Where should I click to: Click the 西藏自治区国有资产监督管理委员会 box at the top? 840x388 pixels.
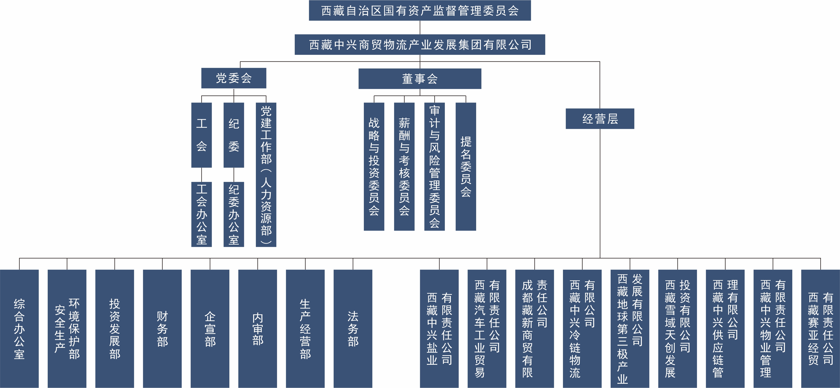[420, 10]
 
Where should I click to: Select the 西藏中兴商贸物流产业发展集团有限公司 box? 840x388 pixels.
[420, 44]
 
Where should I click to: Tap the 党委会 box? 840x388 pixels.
[233, 78]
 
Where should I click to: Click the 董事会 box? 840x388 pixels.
[420, 79]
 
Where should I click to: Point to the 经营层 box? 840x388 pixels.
[600, 119]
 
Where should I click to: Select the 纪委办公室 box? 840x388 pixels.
[233, 214]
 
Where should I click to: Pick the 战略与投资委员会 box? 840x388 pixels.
[374, 166]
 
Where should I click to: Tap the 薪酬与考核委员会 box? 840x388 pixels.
[404, 166]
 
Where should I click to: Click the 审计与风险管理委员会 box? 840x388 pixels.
[434, 166]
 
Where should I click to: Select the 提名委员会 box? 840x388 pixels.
[466, 166]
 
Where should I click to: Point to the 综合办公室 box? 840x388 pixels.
[19, 328]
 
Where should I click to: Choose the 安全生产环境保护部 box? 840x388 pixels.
[67, 328]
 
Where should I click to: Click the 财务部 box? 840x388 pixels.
[162, 328]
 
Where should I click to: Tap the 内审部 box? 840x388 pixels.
[257, 328]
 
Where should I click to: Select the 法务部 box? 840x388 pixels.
[353, 328]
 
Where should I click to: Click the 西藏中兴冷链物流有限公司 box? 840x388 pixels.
[582, 328]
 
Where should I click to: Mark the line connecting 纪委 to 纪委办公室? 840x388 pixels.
[233, 175]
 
